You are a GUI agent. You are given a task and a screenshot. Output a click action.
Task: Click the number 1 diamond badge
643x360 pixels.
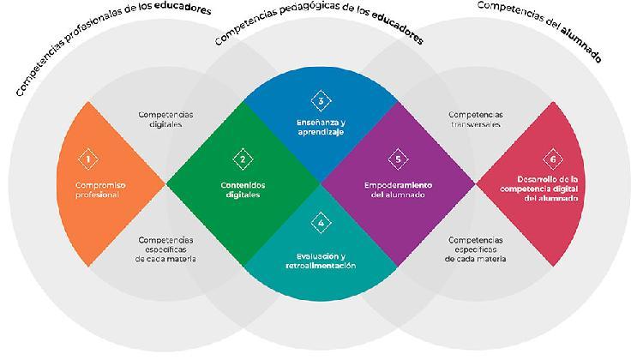[88, 159]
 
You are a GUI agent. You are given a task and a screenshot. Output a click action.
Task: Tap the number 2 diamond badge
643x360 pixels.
[243, 159]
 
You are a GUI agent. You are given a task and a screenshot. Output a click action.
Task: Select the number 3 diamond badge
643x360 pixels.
[320, 101]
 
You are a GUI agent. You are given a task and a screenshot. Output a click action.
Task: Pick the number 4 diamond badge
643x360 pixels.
[320, 224]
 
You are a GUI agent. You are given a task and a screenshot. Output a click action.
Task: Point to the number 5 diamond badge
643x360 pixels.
[397, 159]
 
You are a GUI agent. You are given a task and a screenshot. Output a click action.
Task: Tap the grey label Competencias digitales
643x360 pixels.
[165, 118]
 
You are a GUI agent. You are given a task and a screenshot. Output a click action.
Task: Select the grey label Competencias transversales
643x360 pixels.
[475, 118]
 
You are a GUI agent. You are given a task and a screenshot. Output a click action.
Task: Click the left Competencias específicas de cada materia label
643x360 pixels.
[165, 249]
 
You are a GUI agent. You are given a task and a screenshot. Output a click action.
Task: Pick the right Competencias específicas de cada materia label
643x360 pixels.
[475, 249]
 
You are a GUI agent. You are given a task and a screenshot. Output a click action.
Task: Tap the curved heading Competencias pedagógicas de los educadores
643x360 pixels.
[320, 26]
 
